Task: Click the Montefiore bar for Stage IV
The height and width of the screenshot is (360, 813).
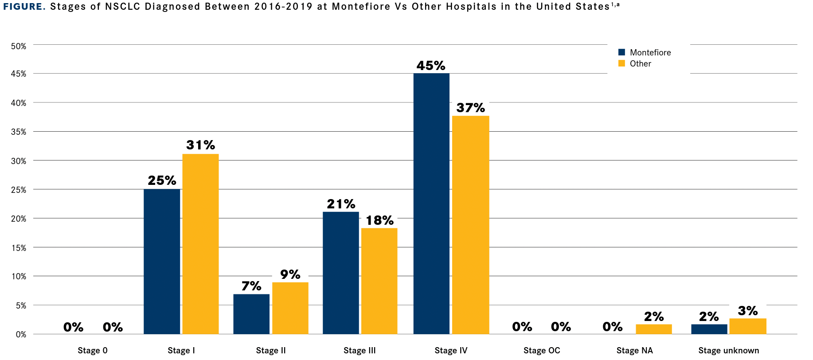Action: coord(431,204)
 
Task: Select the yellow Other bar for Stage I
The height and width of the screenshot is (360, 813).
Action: coord(200,244)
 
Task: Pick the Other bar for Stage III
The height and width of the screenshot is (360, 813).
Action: coord(379,281)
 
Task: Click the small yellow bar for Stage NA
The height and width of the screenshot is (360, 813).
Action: coord(653,329)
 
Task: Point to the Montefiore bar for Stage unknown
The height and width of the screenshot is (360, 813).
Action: coord(709,329)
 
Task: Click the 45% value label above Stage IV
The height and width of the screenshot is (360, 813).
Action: coord(431,66)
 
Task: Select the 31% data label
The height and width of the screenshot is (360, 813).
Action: coord(200,145)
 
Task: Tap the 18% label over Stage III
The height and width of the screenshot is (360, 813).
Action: coord(379,220)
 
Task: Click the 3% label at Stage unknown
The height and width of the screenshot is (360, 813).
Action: coord(748,311)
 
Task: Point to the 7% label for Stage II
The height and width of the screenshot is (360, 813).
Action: coord(251,286)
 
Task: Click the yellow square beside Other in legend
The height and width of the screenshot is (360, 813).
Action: coord(621,63)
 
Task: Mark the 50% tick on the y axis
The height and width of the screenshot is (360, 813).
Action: coord(19,46)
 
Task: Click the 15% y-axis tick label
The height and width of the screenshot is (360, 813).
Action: coord(19,248)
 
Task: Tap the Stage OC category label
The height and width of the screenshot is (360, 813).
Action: coord(542,350)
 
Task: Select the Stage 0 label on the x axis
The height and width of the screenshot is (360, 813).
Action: coord(93,350)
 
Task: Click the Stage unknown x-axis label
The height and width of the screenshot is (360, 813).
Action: coord(728,350)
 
